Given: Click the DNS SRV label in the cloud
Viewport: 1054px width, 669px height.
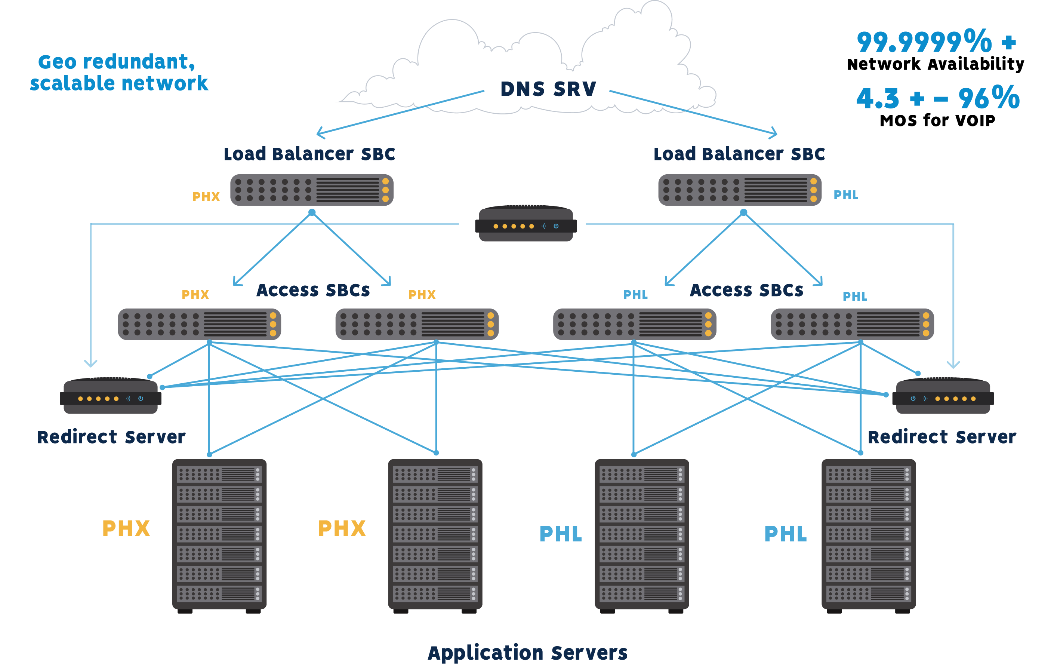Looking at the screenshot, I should click(x=548, y=89).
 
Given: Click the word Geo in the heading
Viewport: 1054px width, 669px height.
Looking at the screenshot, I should click(x=57, y=62).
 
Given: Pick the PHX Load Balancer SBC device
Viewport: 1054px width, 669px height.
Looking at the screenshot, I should click(x=312, y=190).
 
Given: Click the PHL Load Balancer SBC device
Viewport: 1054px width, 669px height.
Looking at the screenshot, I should click(x=740, y=190).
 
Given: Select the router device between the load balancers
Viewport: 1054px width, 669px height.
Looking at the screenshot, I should click(x=526, y=224).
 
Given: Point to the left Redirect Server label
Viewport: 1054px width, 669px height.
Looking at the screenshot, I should click(x=111, y=437).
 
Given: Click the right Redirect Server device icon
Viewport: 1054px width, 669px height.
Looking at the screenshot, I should click(x=943, y=397).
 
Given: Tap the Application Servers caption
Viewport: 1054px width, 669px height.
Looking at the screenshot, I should click(x=527, y=653).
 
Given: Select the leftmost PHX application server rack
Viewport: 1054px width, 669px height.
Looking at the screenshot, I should click(x=219, y=534).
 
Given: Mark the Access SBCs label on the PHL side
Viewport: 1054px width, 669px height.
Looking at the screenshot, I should click(x=746, y=290).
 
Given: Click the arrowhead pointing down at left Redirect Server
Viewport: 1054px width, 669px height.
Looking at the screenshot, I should click(x=90, y=364).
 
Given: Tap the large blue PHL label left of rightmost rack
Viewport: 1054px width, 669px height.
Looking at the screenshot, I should click(x=785, y=534).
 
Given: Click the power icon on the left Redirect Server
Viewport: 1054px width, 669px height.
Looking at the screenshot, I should click(x=141, y=398).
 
